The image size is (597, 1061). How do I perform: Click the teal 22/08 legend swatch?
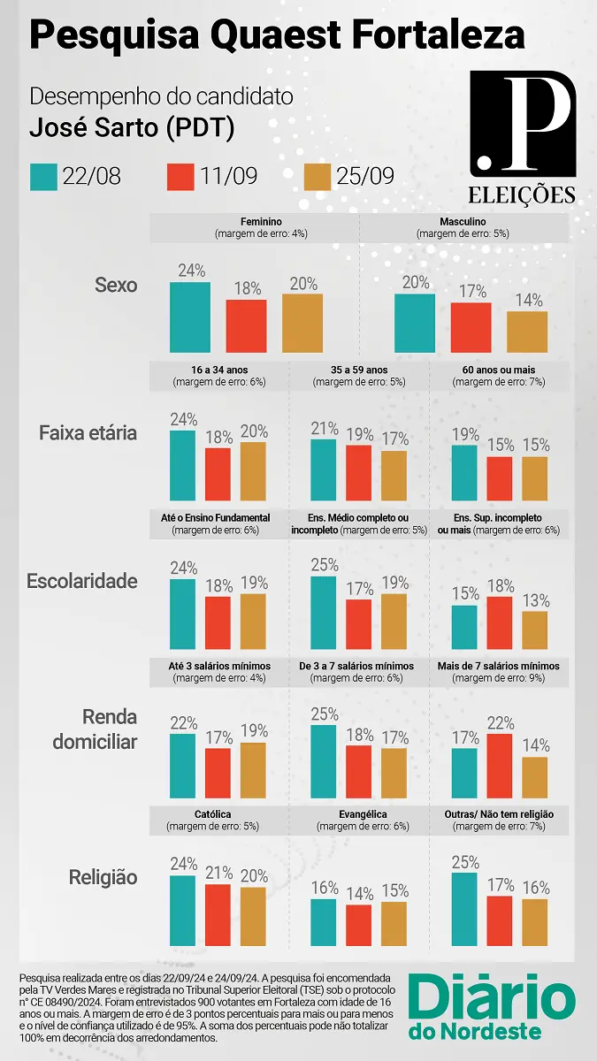pyautogui.click(x=43, y=177)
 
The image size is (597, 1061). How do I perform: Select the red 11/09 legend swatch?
pyautogui.click(x=180, y=177)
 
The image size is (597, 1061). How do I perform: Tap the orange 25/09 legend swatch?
pyautogui.click(x=318, y=177)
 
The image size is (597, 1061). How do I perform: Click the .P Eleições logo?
pyautogui.click(x=522, y=137)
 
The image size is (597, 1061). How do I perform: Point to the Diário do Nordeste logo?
pyautogui.click(x=492, y=1008)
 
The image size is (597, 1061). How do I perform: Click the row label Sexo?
pyautogui.click(x=116, y=286)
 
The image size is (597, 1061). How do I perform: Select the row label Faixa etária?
pyautogui.click(x=88, y=433)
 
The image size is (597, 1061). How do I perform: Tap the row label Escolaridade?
pyautogui.click(x=82, y=581)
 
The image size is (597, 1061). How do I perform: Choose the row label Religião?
pyautogui.click(x=103, y=877)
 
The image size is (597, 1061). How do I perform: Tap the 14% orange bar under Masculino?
pyautogui.click(x=527, y=332)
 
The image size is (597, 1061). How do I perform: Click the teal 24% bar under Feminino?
pyautogui.click(x=190, y=317)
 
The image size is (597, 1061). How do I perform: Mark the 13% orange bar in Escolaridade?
pyautogui.click(x=534, y=630)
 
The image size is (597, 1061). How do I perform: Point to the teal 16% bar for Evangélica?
pyautogui.click(x=324, y=922)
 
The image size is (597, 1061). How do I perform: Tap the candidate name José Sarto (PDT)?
pyautogui.click(x=132, y=127)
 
